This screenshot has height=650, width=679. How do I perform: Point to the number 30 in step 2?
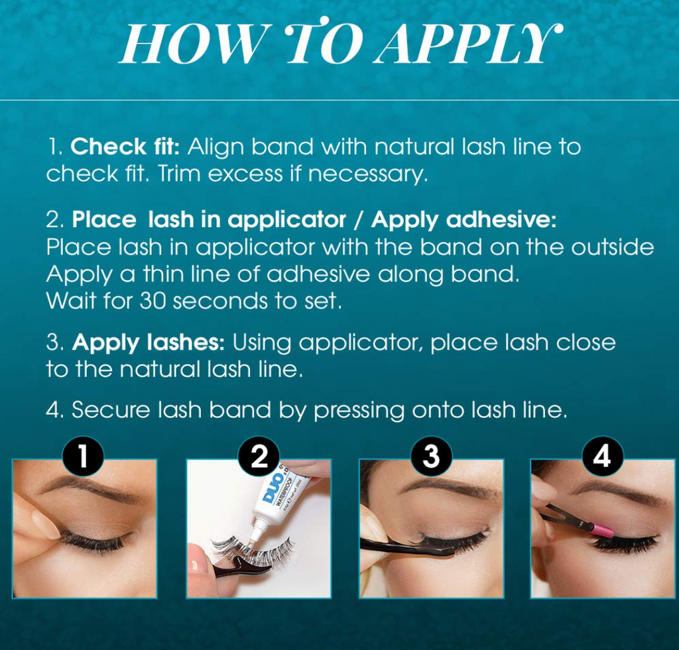click(153, 301)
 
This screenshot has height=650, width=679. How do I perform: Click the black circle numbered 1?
click(83, 457)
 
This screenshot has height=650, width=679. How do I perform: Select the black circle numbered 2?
click(259, 457)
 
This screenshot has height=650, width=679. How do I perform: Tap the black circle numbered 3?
click(432, 457)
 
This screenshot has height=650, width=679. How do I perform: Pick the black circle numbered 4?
click(602, 457)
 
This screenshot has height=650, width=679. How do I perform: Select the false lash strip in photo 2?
click(252, 551)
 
